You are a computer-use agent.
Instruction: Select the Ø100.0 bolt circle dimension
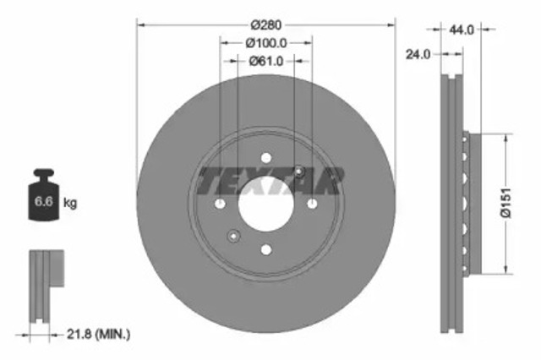[266, 42]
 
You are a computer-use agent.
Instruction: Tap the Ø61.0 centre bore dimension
[266, 61]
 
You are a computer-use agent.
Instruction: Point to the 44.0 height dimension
[462, 29]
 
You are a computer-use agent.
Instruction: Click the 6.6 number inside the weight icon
[41, 203]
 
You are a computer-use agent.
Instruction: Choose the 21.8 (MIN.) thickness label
[99, 335]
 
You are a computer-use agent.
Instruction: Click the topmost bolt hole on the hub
[265, 157]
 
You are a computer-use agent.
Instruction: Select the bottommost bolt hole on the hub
[265, 248]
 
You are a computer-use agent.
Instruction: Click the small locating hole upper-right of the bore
[298, 171]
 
